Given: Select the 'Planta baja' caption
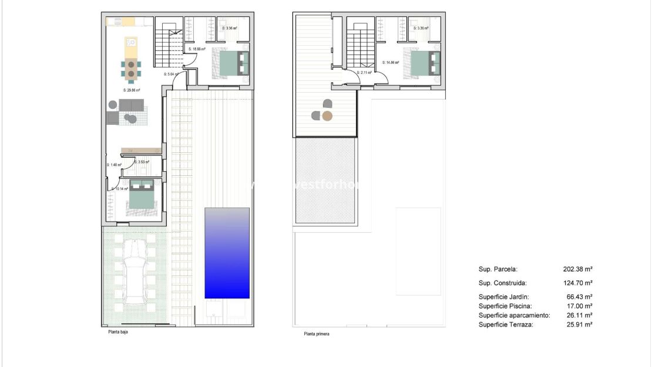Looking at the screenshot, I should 118,332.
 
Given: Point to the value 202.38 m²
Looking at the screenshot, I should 577,270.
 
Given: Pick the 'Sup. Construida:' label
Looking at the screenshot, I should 502,283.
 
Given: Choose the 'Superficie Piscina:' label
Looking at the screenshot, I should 505,306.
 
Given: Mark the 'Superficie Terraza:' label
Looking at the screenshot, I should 506,324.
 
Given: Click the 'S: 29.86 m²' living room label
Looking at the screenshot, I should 133,90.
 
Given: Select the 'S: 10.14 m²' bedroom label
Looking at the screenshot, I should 120,189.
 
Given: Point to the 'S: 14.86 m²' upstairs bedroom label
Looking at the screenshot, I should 391,62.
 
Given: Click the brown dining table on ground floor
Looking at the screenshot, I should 131,69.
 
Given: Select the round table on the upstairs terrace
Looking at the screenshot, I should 327,116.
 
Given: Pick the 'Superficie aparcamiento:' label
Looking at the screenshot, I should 515,315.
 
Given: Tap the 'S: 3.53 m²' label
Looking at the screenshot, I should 142,162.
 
